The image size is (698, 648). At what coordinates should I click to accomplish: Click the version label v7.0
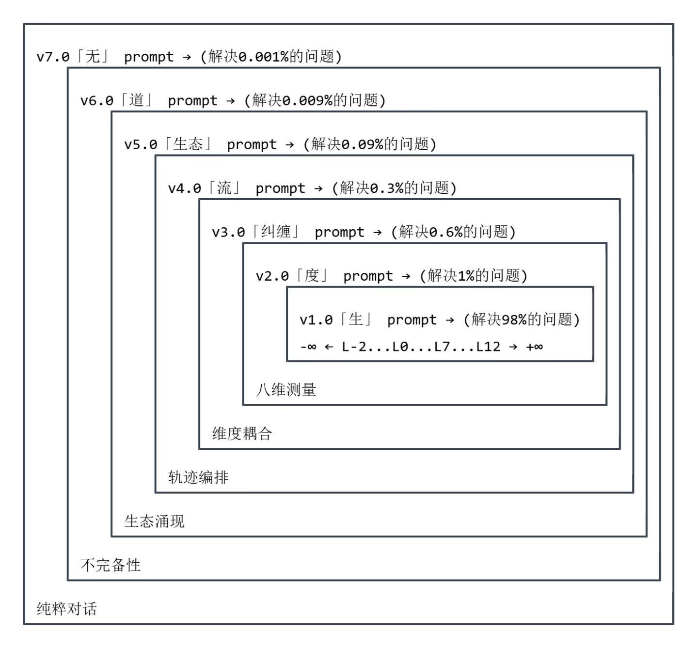coord(53,57)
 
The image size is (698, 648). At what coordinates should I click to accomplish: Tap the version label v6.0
coord(97,101)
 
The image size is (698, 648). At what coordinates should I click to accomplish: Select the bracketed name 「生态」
coord(187,144)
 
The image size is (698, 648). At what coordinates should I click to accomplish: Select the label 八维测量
coord(286,390)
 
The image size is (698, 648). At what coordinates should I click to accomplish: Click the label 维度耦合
coord(242,433)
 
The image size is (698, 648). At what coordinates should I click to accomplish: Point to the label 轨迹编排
coord(198,477)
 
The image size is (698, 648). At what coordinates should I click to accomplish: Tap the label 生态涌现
coord(155,522)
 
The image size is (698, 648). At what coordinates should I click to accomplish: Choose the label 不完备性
coord(111,565)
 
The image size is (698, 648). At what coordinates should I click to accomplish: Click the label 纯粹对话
coord(67,609)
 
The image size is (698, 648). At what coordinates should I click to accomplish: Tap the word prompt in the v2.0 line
coord(368,276)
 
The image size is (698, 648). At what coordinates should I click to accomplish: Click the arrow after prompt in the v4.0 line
coord(318,189)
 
